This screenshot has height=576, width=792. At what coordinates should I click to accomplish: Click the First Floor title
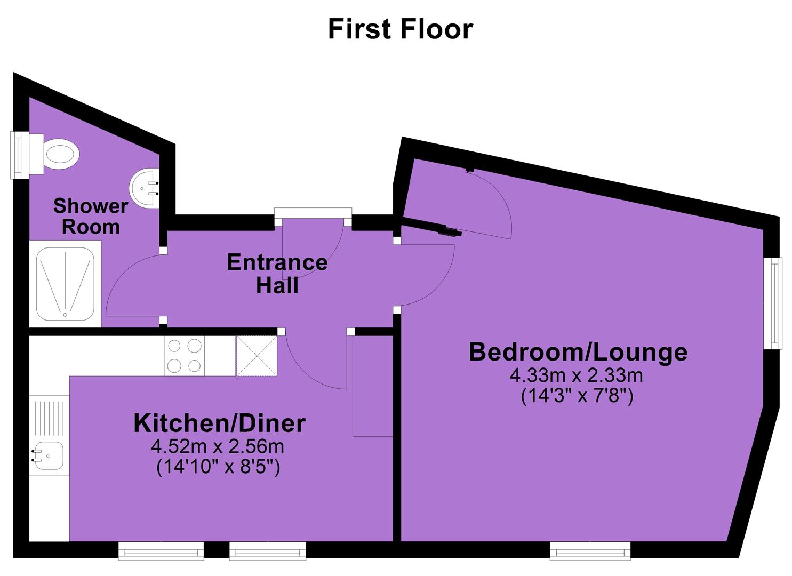click(400, 29)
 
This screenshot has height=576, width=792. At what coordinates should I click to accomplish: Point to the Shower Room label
click(91, 217)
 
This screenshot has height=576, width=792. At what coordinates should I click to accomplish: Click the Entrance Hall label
click(277, 274)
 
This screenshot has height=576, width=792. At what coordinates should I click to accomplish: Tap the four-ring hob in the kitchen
click(184, 356)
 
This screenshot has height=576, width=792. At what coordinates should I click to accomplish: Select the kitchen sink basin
click(47, 456)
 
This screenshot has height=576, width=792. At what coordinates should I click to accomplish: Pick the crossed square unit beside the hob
click(257, 356)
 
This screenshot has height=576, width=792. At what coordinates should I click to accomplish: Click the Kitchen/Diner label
click(220, 423)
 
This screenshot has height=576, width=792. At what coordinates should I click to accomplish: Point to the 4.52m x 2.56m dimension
click(218, 447)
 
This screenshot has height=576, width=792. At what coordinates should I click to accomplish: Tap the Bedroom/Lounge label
click(578, 352)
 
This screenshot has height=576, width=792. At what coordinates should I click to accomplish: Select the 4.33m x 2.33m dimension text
click(576, 375)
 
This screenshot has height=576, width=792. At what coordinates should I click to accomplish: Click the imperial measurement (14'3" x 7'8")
click(577, 396)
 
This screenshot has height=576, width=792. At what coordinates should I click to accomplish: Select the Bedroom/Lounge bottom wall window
click(590, 551)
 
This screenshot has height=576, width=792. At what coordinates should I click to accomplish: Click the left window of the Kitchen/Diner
click(161, 551)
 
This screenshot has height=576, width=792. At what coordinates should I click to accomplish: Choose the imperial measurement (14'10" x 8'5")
click(218, 467)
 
